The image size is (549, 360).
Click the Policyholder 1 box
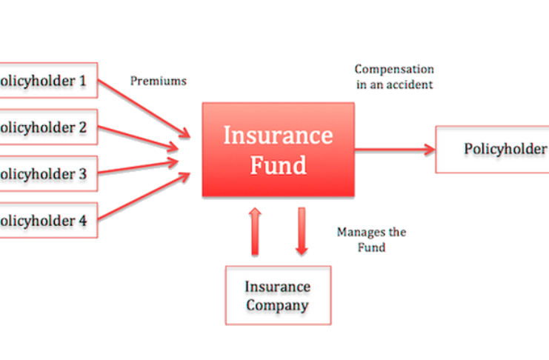[x=49, y=80]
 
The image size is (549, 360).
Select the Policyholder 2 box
[x=49, y=127]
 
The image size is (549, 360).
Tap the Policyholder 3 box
[x=49, y=173]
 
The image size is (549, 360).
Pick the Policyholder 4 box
[x=49, y=220]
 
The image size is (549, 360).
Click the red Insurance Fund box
[x=279, y=150]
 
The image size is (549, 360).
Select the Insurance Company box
[x=279, y=296]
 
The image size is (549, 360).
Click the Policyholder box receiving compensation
[x=492, y=150]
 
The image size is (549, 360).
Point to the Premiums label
[x=159, y=81]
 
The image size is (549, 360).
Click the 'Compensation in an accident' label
[x=394, y=77]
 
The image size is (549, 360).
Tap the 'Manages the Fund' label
[x=371, y=239]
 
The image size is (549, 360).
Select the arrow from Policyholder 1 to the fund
[x=144, y=109]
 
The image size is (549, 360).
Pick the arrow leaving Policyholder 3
[x=139, y=167]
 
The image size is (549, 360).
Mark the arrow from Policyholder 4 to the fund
[x=144, y=196]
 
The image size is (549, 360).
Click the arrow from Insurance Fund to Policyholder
[x=395, y=150]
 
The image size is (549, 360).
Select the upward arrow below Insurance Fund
[x=255, y=231]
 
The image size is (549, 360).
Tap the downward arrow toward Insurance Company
[x=302, y=231]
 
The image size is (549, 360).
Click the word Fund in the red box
[x=279, y=165]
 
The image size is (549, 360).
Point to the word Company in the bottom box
[x=277, y=305]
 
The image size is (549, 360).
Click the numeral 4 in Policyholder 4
[x=83, y=221]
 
